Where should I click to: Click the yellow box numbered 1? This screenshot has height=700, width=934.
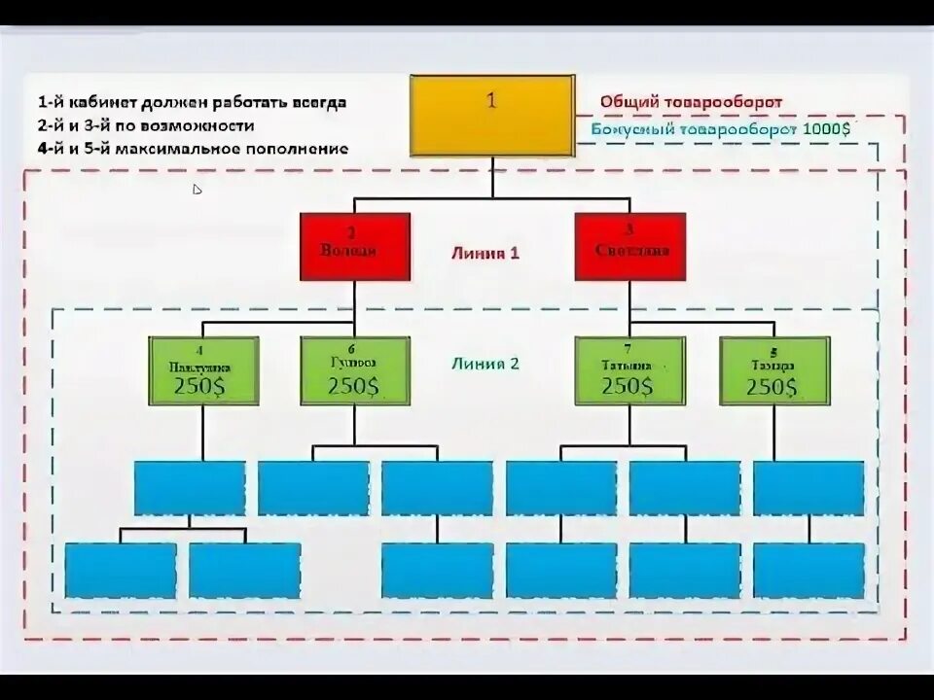[x=491, y=115]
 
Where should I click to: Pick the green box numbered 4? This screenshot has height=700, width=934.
[x=203, y=370]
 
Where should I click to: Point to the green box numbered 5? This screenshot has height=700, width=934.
[x=774, y=370]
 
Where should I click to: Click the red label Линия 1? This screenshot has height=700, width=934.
[x=485, y=253]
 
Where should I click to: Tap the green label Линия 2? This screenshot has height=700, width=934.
[x=485, y=365]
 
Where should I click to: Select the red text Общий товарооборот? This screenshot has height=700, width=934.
[x=691, y=102]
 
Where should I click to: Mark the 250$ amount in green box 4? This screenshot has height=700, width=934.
[x=203, y=386]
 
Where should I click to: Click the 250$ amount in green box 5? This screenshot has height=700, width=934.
[x=774, y=386]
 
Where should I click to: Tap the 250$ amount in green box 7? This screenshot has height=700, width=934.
[x=628, y=386]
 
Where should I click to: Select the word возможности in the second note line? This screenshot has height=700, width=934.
[x=204, y=125]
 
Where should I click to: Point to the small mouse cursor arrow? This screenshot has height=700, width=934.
[x=197, y=190]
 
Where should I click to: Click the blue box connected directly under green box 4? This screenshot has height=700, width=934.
[x=189, y=488]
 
